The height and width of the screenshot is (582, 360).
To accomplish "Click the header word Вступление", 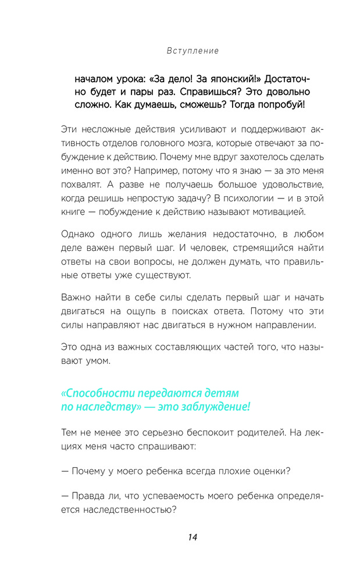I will pyautogui.click(x=193, y=51).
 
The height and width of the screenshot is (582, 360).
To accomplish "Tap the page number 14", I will pyautogui.click(x=193, y=537).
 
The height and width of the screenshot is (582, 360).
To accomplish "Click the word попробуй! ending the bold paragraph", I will pyautogui.click(x=281, y=105).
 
